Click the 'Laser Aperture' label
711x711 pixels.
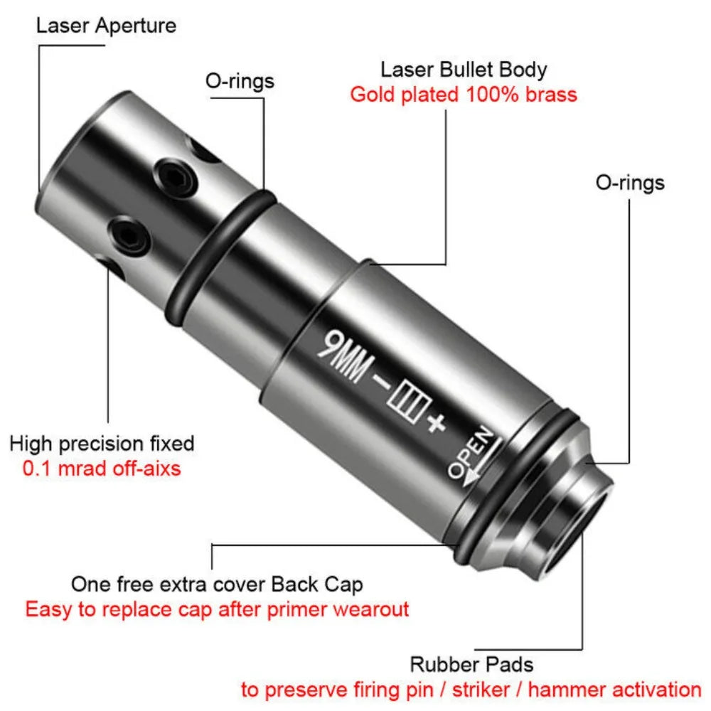106,26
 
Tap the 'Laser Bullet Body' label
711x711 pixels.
464,70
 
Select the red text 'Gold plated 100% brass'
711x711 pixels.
464,95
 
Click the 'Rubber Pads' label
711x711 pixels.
471,665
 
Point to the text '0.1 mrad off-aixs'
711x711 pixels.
102,469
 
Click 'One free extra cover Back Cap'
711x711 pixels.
217,584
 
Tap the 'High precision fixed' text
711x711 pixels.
102,444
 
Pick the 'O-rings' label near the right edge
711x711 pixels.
630,183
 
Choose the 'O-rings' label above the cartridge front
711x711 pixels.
240,82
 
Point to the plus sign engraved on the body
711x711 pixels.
437,424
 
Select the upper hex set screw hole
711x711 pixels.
175,177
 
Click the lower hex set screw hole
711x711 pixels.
129,235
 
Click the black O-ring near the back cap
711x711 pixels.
517,488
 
